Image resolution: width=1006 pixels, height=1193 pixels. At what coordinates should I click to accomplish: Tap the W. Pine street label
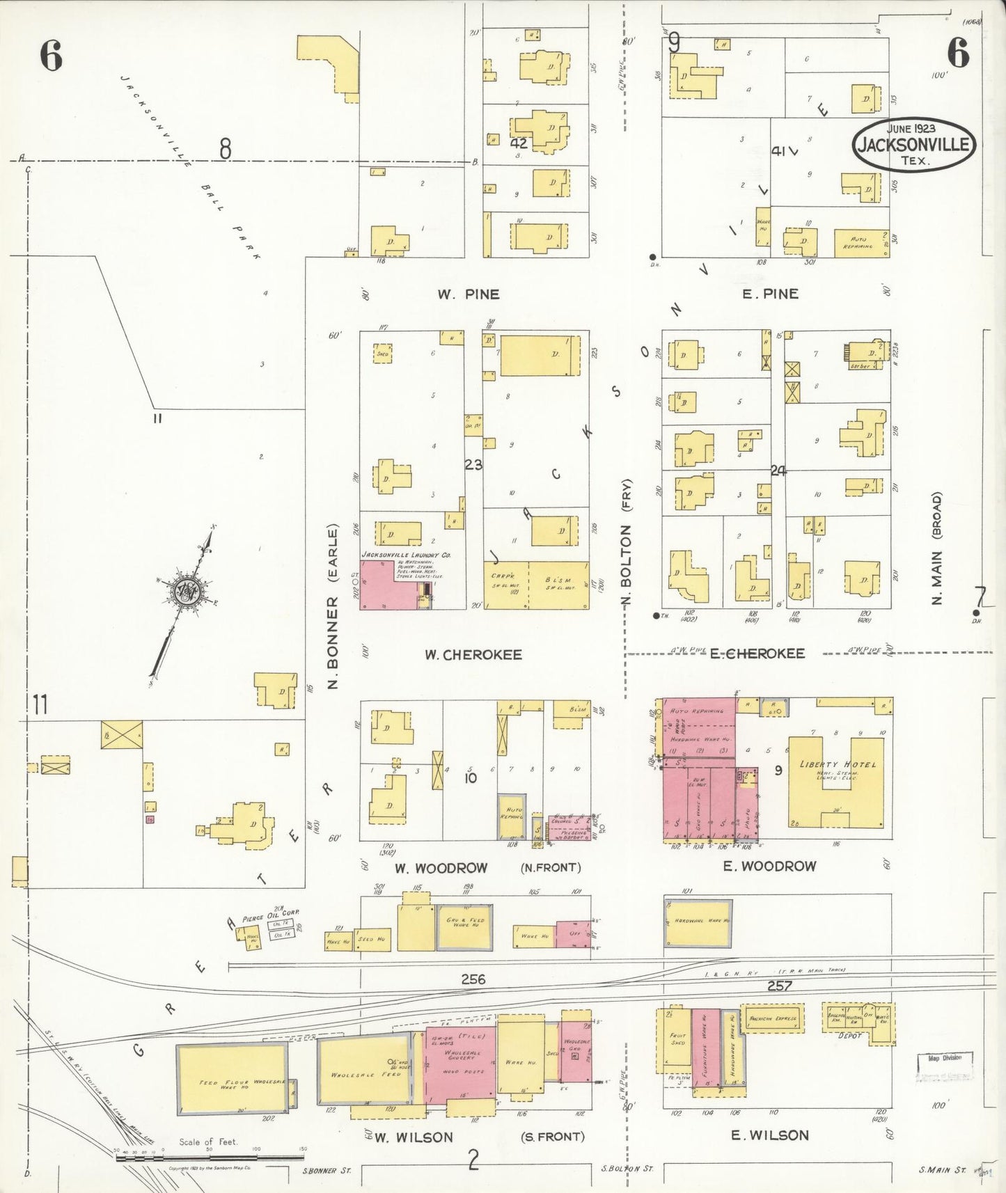[x=468, y=294]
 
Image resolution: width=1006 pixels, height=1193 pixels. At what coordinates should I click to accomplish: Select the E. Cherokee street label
[x=757, y=654]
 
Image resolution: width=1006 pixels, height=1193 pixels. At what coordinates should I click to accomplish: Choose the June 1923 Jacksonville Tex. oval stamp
[x=913, y=144]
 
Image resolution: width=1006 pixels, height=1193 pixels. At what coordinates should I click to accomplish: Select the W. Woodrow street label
[x=441, y=868]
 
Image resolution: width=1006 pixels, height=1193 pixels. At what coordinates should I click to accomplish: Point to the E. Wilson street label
[x=769, y=1135]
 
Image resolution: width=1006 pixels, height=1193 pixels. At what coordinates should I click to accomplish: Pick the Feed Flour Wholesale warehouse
[x=232, y=1079]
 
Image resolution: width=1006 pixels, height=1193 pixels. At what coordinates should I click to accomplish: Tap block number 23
[x=473, y=464]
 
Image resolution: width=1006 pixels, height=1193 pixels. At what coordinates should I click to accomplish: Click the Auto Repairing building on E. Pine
[x=860, y=243]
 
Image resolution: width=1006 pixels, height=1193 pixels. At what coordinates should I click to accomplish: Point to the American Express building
[x=772, y=1019]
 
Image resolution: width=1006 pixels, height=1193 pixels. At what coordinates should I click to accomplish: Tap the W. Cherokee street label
[x=473, y=655]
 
